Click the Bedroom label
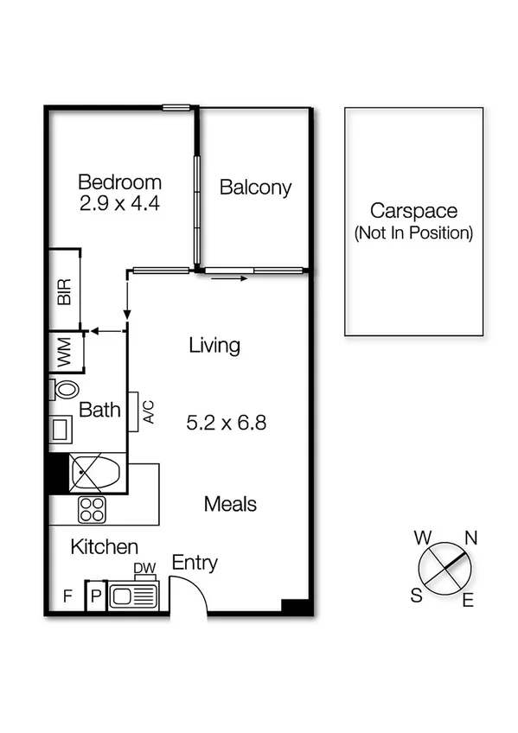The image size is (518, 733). [119, 182]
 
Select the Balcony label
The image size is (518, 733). [255, 188]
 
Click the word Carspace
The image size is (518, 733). [413, 210]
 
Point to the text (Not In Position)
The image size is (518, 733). [413, 233]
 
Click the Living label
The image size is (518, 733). [214, 347]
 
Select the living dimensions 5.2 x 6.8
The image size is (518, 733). [226, 424]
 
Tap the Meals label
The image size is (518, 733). [230, 504]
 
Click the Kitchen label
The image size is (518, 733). [104, 547]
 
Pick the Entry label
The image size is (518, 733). [195, 564]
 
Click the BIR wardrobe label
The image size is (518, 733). [64, 292]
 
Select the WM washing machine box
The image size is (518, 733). [65, 353]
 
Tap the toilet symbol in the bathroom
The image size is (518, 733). [65, 389]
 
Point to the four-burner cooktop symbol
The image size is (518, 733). [92, 510]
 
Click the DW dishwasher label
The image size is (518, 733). [144, 568]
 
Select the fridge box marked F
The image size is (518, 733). [67, 596]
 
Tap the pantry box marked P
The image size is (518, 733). [95, 596]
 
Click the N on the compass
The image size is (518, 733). [471, 538]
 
